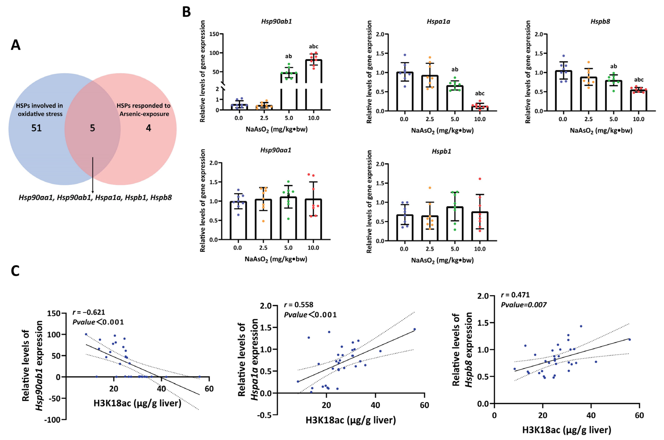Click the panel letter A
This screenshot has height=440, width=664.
16,45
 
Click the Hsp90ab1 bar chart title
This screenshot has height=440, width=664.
276,22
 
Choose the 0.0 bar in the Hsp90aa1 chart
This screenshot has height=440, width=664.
238,220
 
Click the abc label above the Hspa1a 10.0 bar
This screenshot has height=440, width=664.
480,93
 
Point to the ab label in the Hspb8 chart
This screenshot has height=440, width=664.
613,67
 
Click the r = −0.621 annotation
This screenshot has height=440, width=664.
89,312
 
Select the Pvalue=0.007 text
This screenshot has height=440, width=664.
524,305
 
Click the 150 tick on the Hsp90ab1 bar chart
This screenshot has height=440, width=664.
214,34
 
